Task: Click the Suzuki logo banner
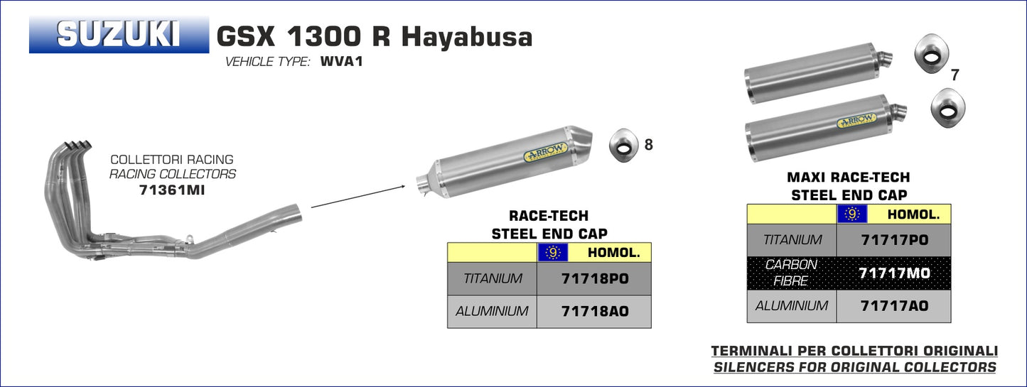click(119, 35)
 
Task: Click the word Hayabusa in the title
click(467, 37)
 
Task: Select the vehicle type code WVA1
click(342, 61)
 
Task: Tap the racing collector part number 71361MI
click(172, 190)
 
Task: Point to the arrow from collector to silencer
click(358, 197)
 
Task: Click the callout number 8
click(648, 144)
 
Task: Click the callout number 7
click(955, 75)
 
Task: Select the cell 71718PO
click(594, 278)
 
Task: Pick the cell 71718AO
click(594, 312)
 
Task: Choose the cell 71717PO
click(894, 240)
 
